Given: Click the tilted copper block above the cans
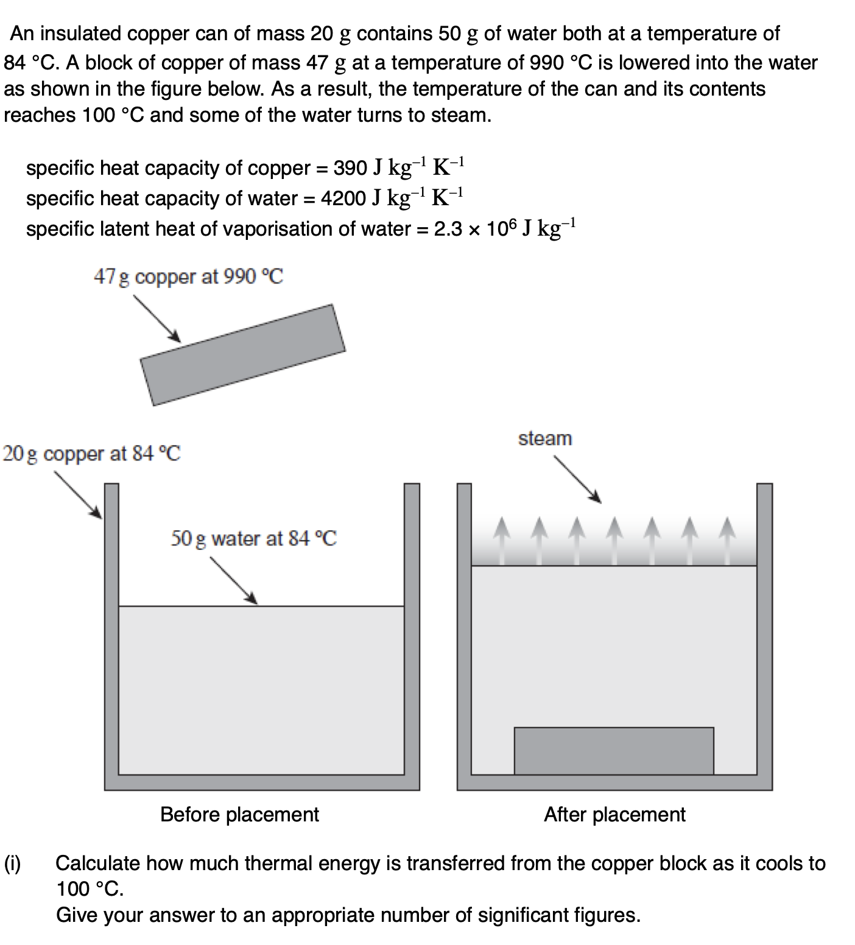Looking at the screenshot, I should (x=242, y=354).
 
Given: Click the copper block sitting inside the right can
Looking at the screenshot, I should (x=614, y=751).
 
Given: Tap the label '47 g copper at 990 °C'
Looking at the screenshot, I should (x=188, y=277).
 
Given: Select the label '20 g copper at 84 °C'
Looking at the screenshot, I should (x=92, y=454).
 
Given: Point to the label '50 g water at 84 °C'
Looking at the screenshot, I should (x=253, y=538).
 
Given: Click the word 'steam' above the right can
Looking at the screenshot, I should (x=545, y=438).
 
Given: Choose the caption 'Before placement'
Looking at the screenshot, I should (x=239, y=814).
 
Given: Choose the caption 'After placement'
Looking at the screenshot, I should (x=614, y=814).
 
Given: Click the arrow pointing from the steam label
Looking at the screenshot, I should (x=577, y=480).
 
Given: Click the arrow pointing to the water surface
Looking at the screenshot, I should (x=234, y=580).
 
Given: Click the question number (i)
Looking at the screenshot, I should (x=13, y=863).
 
